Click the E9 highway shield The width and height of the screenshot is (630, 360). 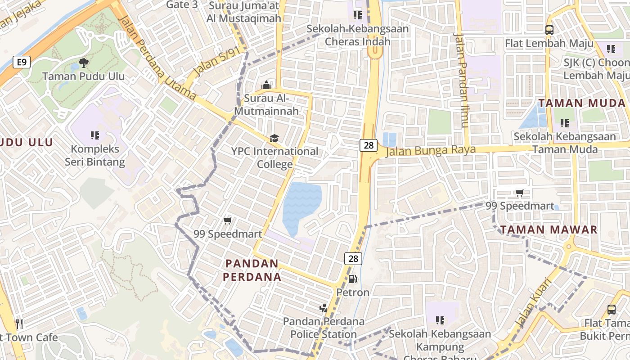pyautogui.click(x=22, y=62)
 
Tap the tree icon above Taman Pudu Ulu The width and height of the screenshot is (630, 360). pyautogui.click(x=84, y=63)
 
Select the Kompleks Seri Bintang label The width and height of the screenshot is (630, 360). pyautogui.click(x=94, y=155)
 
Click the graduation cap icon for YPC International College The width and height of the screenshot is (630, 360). pyautogui.click(x=274, y=138)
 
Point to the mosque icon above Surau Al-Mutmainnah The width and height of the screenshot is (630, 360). pyautogui.click(x=266, y=85)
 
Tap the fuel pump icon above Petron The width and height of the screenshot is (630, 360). pyautogui.click(x=353, y=279)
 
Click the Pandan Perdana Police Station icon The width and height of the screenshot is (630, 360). pyautogui.click(x=323, y=308)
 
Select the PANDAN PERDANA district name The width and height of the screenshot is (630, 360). pyautogui.click(x=252, y=270)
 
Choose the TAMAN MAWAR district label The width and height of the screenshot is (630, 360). pyautogui.click(x=549, y=230)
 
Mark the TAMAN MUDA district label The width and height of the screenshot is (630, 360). pyautogui.click(x=582, y=103)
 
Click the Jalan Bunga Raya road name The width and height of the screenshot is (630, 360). pyautogui.click(x=431, y=150)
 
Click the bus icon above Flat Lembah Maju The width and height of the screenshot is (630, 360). pyautogui.click(x=549, y=30)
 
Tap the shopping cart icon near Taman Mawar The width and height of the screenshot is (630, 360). pyautogui.click(x=519, y=193)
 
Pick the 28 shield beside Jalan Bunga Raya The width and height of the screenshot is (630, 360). pyautogui.click(x=368, y=145)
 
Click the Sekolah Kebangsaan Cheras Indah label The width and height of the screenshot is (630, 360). pyautogui.click(x=357, y=35)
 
